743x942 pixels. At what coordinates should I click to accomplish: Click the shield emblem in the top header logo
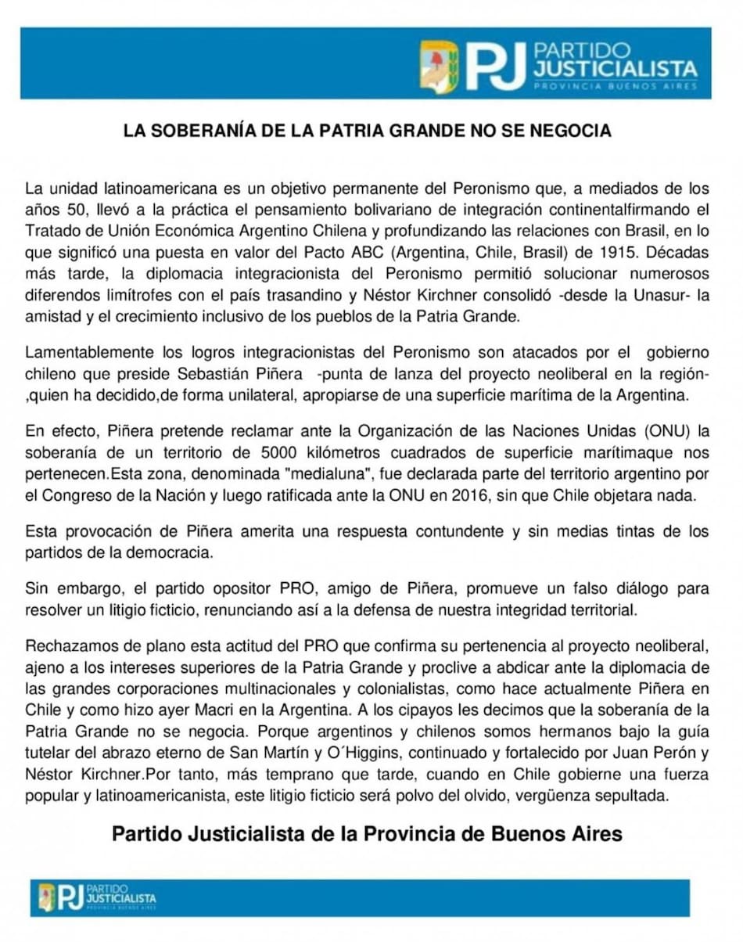[x=439, y=67]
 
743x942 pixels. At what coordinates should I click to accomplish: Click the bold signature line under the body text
[x=367, y=833]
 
